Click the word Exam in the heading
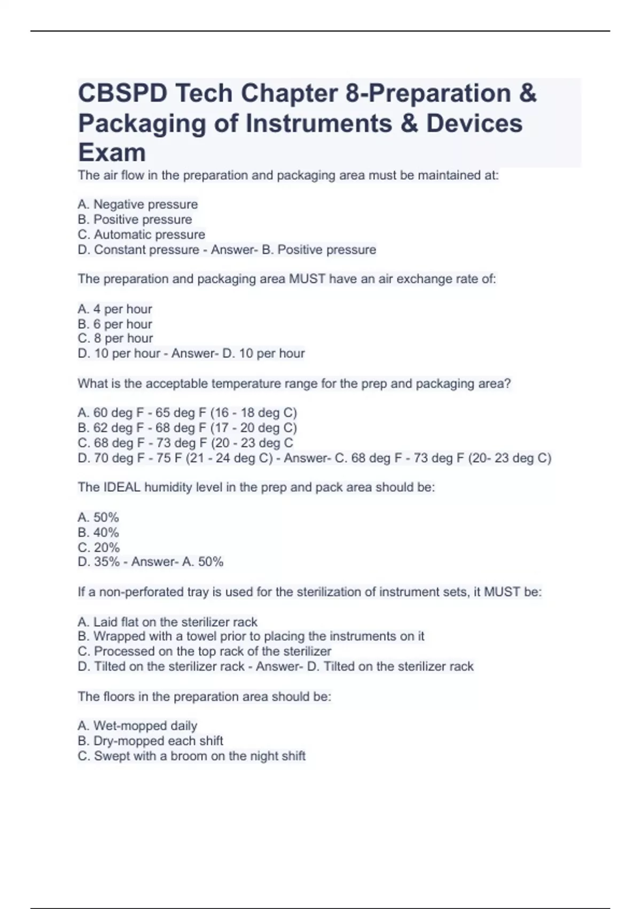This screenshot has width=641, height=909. (x=112, y=153)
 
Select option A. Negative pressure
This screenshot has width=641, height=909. (x=137, y=204)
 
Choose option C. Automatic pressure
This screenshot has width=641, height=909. (x=141, y=235)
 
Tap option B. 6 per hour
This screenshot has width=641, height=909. (x=115, y=324)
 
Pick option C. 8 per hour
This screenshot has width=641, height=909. (x=115, y=338)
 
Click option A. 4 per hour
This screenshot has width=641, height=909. (x=115, y=309)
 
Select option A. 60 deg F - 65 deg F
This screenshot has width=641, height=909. (x=187, y=413)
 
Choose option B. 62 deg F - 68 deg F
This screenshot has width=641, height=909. (x=187, y=428)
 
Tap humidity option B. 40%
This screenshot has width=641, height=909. (x=98, y=533)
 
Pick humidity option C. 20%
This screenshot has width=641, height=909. (x=98, y=548)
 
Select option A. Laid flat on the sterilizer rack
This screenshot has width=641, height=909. (x=167, y=622)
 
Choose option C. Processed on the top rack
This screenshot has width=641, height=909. (x=204, y=651)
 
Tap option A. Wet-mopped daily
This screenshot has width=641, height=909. (x=137, y=726)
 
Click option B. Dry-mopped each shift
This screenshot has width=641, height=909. (x=150, y=741)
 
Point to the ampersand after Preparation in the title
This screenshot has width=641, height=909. (x=528, y=94)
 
